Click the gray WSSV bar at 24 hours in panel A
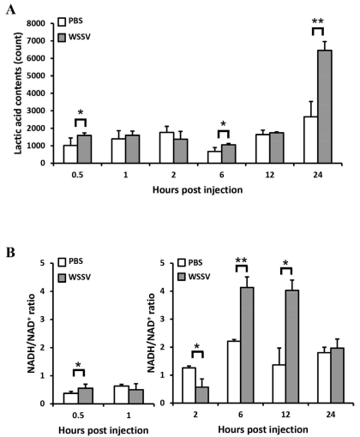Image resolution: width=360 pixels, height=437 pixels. pos(325,106)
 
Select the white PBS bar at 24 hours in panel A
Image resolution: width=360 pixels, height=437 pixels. pos(311,140)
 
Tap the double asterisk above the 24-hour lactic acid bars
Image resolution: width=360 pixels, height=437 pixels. pos(318,21)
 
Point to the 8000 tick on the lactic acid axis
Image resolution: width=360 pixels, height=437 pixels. pos(38,23)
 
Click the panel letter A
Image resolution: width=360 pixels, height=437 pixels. pos(10,10)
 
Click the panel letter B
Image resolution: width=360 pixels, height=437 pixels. pos(10,253)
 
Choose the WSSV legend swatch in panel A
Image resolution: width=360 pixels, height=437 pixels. pos(62,38)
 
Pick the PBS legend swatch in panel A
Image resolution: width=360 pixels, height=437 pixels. pos(62,22)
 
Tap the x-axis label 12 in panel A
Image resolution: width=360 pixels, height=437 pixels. pos(269,175)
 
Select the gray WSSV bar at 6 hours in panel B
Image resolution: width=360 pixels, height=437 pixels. pos(247,345)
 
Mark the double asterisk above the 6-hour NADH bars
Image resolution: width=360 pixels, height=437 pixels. pos(242,260)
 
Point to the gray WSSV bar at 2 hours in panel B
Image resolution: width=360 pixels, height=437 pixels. pos(201,395)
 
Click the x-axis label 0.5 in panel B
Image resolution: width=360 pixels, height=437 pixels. pos(78,415)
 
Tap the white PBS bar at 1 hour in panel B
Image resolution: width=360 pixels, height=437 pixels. pos(122,395)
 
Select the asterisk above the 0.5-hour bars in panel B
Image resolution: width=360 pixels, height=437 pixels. pos(79,365)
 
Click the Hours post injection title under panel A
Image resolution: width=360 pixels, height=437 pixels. pos(197,190)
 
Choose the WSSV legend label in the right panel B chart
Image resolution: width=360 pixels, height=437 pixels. pos(199,277)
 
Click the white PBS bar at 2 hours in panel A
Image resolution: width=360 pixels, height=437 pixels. pos(167,147)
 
